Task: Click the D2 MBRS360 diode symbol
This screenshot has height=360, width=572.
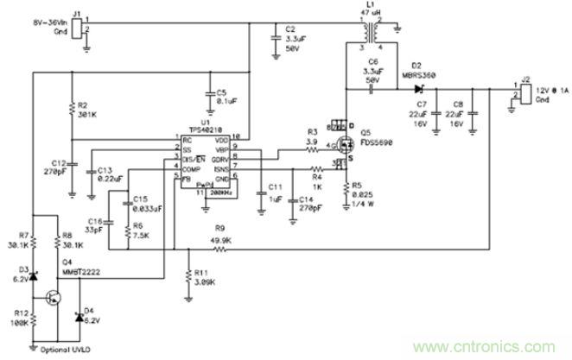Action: point(419,88)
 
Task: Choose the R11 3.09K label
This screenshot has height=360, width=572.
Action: point(205,277)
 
